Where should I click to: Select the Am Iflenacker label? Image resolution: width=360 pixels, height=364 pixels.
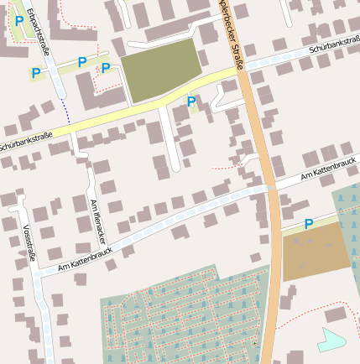tap(98, 221)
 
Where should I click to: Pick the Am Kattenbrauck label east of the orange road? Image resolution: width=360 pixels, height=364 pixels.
tap(322, 171)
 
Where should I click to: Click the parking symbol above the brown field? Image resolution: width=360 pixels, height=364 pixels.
tap(309, 224)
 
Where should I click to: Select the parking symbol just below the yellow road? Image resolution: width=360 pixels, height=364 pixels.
tap(191, 102)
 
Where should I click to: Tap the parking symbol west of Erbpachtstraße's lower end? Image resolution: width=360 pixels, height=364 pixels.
tap(36, 74)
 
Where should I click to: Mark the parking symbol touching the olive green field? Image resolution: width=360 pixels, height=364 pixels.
tap(106, 69)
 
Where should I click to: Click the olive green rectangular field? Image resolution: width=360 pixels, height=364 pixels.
tap(162, 70)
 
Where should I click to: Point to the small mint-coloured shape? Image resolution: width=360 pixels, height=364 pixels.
tap(331, 340)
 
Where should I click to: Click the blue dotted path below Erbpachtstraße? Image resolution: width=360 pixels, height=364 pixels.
tap(65, 110)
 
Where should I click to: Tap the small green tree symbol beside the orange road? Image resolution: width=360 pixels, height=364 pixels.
tap(254, 343)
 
